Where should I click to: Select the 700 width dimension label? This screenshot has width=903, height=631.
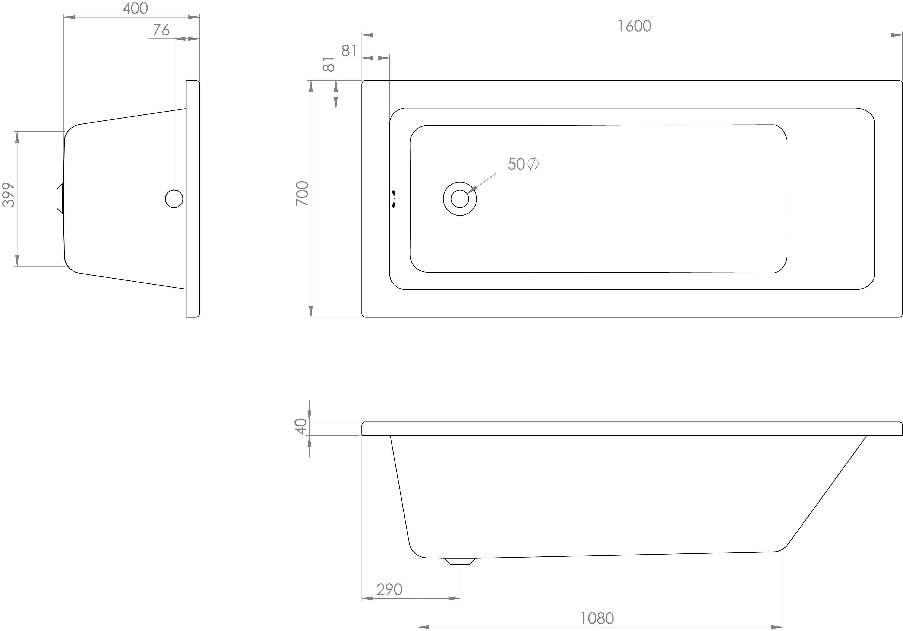tap(302, 194)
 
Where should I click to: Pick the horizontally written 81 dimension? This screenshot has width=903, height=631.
tap(349, 51)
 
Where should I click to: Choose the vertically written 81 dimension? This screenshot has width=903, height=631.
tap(328, 65)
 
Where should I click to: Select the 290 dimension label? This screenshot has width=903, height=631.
tap(389, 589)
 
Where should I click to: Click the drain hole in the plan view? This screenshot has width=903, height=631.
tap(460, 199)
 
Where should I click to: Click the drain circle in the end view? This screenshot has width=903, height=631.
tap(174, 199)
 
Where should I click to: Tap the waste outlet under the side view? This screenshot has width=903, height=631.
tap(460, 561)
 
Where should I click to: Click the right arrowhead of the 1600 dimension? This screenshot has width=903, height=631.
tap(897, 35)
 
